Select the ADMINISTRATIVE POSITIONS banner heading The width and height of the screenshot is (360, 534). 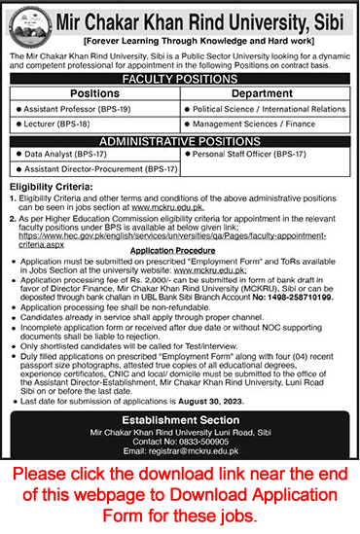181,141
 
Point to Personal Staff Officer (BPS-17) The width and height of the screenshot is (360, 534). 248,154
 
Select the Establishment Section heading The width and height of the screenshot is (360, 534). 181,408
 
